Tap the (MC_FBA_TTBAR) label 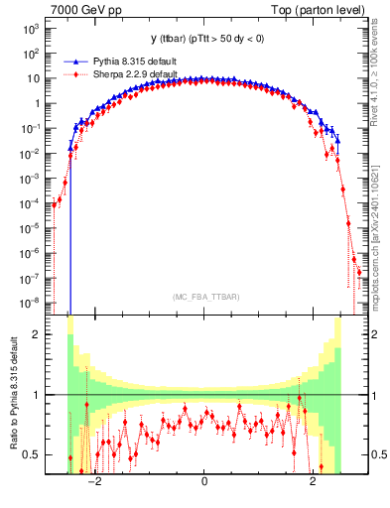(203, 297)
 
